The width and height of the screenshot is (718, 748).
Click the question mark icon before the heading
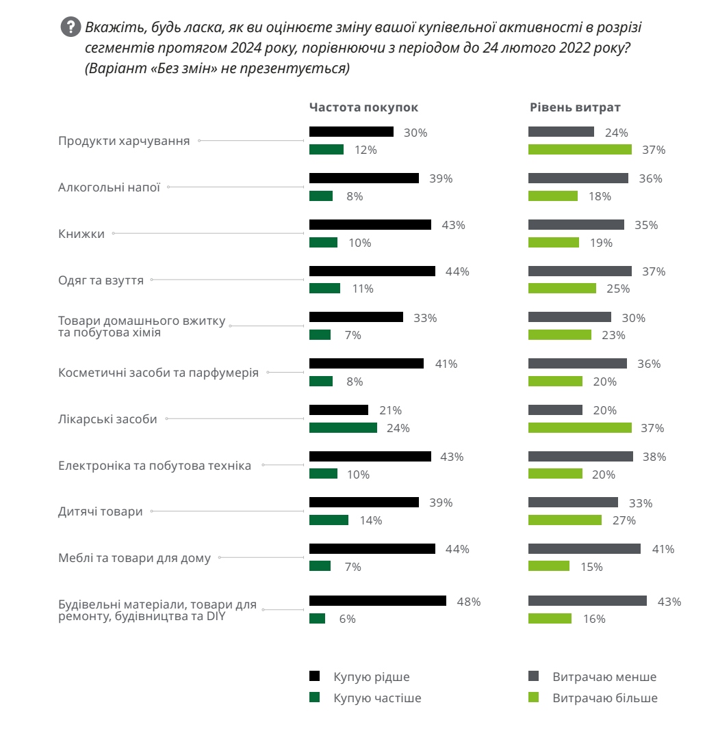click(70, 27)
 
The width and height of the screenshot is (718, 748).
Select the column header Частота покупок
click(363, 107)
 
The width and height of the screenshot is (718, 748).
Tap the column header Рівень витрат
click(575, 107)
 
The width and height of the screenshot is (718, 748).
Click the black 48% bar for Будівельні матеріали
click(377, 601)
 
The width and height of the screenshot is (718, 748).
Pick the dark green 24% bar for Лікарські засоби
click(343, 428)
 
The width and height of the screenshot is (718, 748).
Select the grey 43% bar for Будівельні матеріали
click(587, 601)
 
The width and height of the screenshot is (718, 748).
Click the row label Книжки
click(81, 234)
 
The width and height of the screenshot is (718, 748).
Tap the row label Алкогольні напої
click(109, 187)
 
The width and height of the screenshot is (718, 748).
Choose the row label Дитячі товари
click(101, 511)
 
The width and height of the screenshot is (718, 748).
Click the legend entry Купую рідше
click(371, 677)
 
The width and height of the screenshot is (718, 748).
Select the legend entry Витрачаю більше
click(604, 698)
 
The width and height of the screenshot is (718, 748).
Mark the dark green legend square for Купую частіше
click(315, 698)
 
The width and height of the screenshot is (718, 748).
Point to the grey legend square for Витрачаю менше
click(534, 677)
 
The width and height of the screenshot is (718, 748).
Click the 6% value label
click(347, 619)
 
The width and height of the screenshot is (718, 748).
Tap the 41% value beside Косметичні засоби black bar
click(446, 364)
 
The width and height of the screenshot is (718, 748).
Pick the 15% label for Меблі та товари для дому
click(591, 567)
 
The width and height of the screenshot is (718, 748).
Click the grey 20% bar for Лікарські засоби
click(555, 410)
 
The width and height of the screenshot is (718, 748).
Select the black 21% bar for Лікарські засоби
click(338, 410)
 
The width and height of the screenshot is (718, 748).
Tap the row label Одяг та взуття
click(101, 280)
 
